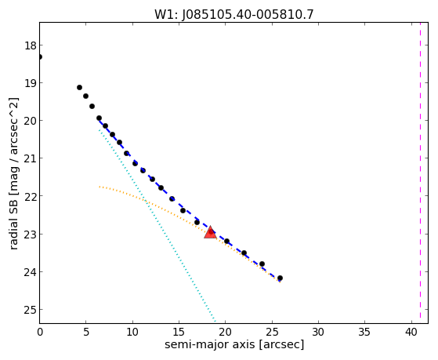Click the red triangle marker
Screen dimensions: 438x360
coord(210,232)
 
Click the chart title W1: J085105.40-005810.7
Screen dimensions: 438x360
coord(234,15)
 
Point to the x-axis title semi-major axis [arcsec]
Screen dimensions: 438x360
coord(234,344)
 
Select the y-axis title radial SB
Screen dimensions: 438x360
coord(13,215)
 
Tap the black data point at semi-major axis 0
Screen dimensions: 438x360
coord(40,56)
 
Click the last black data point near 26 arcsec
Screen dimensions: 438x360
coord(280,278)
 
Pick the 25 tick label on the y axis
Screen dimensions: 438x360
coord(30,310)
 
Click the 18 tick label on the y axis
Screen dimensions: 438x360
coord(30,45)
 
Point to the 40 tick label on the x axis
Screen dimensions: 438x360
coord(411,332)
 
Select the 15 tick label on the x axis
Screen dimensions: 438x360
coord(179,332)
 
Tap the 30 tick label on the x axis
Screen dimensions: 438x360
coord(318,332)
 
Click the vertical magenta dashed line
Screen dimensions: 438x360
coord(420,173)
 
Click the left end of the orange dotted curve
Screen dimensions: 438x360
coord(100,187)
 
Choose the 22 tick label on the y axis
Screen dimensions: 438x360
coord(30,196)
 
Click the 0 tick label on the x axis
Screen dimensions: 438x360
coord(40,332)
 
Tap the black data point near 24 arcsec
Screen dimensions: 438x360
coord(262,264)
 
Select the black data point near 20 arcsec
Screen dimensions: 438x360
coord(226,241)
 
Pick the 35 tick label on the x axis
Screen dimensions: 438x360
coord(364,332)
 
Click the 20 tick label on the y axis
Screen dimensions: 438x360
coord(30,121)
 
